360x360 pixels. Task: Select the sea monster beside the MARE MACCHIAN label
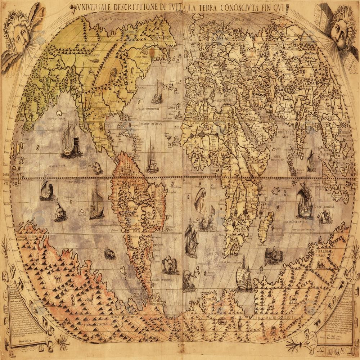point(325,216)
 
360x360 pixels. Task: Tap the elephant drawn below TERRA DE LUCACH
point(320,265)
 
